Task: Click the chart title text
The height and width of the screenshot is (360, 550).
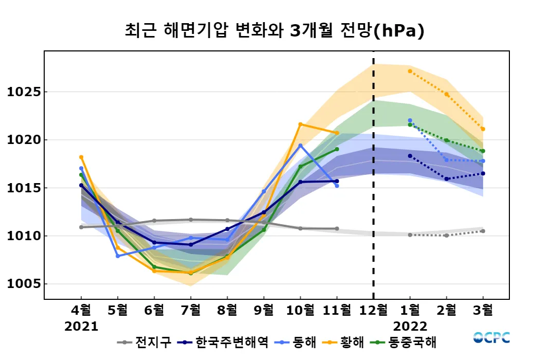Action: [x=274, y=31]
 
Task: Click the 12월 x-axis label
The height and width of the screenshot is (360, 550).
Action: [x=373, y=311]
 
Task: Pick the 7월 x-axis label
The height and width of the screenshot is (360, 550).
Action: [x=191, y=311]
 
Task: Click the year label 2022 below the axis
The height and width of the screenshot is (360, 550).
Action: [x=410, y=327]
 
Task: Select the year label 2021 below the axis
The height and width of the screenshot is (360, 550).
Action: [x=81, y=327]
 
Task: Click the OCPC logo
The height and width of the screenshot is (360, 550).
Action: [x=491, y=338]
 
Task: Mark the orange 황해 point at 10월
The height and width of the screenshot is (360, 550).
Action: [x=300, y=124]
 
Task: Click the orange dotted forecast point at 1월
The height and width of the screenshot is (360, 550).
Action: [x=410, y=71]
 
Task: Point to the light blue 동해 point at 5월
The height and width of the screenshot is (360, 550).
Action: [x=118, y=256]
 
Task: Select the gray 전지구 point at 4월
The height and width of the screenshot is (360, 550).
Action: [x=81, y=227]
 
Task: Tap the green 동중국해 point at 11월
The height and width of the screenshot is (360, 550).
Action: [x=337, y=149]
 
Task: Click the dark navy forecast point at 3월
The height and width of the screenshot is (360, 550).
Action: [x=483, y=173]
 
